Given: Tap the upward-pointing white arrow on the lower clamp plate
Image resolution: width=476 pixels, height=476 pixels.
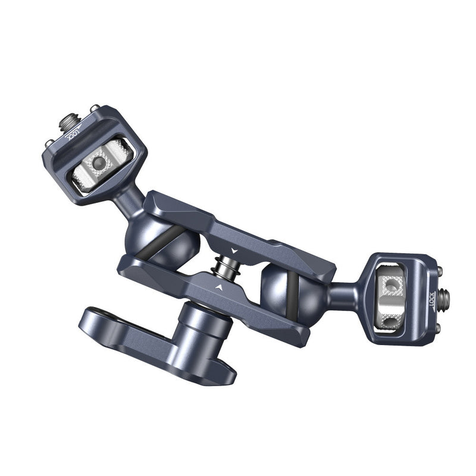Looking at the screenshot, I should point(220,287).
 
